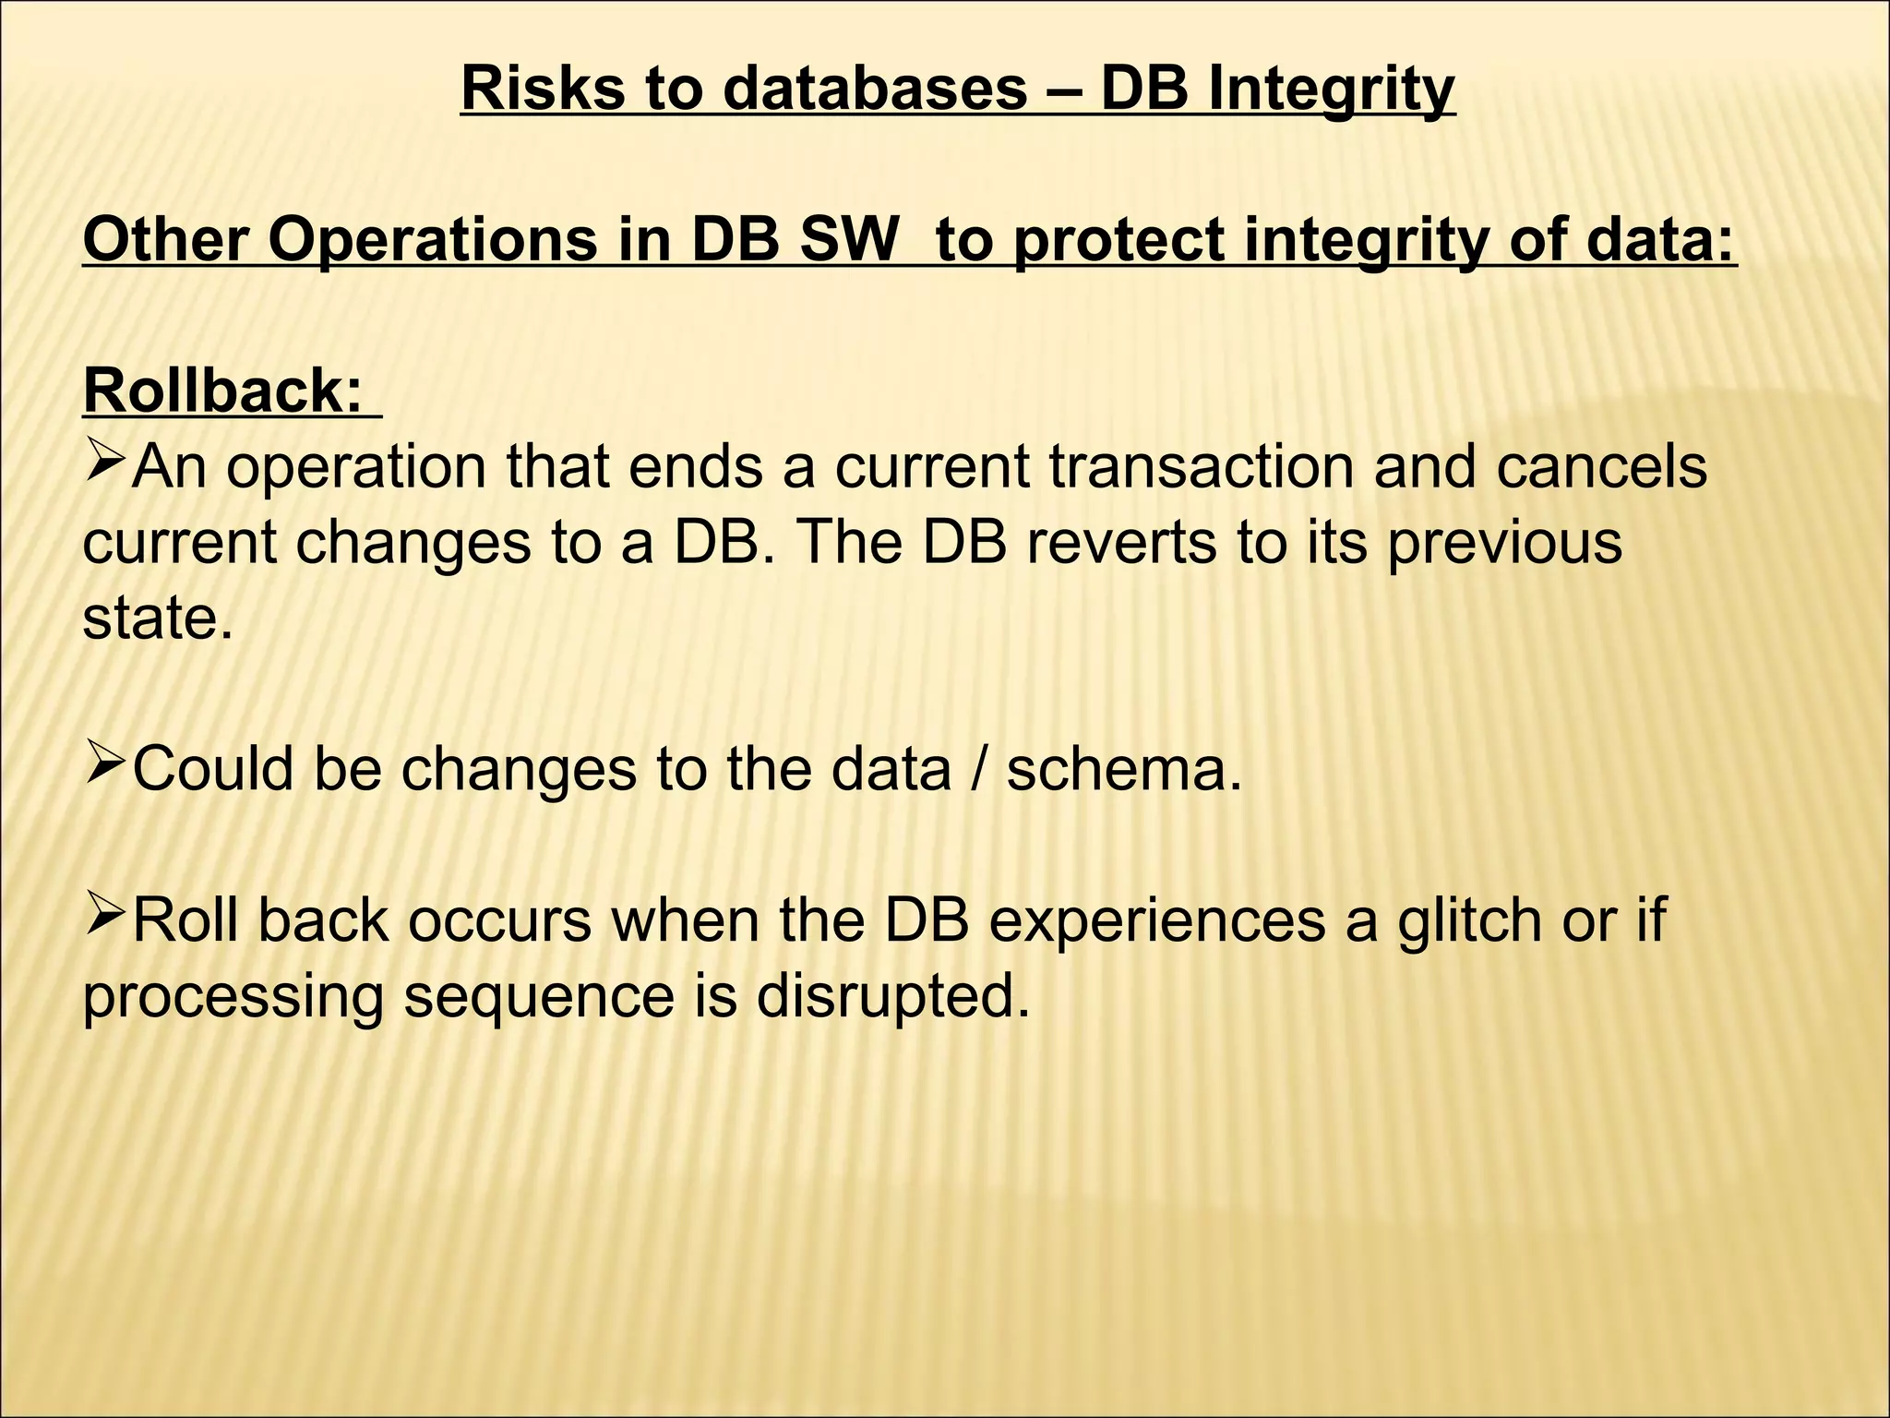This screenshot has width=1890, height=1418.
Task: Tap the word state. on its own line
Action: click(158, 619)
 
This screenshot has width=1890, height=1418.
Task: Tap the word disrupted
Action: click(892, 997)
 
